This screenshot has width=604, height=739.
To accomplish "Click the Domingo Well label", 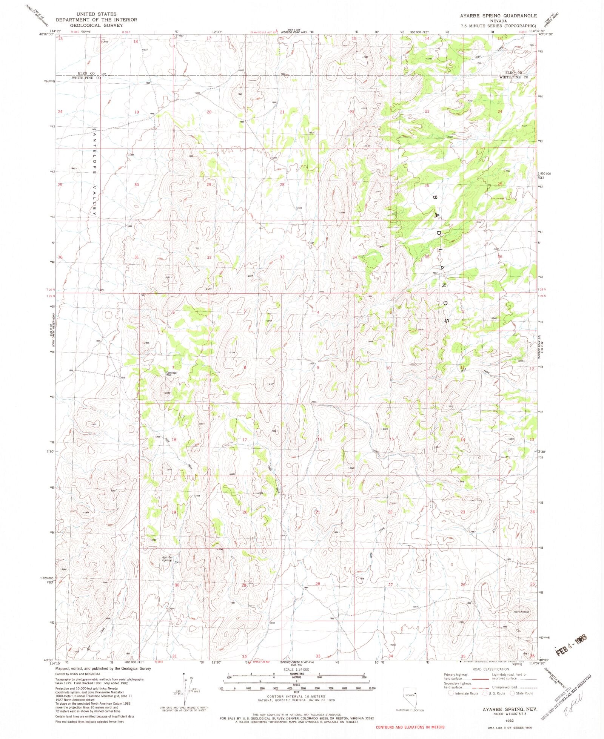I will point(171,374).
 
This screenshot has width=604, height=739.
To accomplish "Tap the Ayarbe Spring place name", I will point(166,558).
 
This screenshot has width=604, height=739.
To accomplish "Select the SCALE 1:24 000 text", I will point(296,669).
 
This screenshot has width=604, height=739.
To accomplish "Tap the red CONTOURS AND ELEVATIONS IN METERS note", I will point(410,727).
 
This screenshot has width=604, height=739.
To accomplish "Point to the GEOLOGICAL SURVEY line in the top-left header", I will point(97,25).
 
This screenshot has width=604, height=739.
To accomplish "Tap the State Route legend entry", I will point(523,693).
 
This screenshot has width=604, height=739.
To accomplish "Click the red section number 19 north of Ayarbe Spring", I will point(174,512).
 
